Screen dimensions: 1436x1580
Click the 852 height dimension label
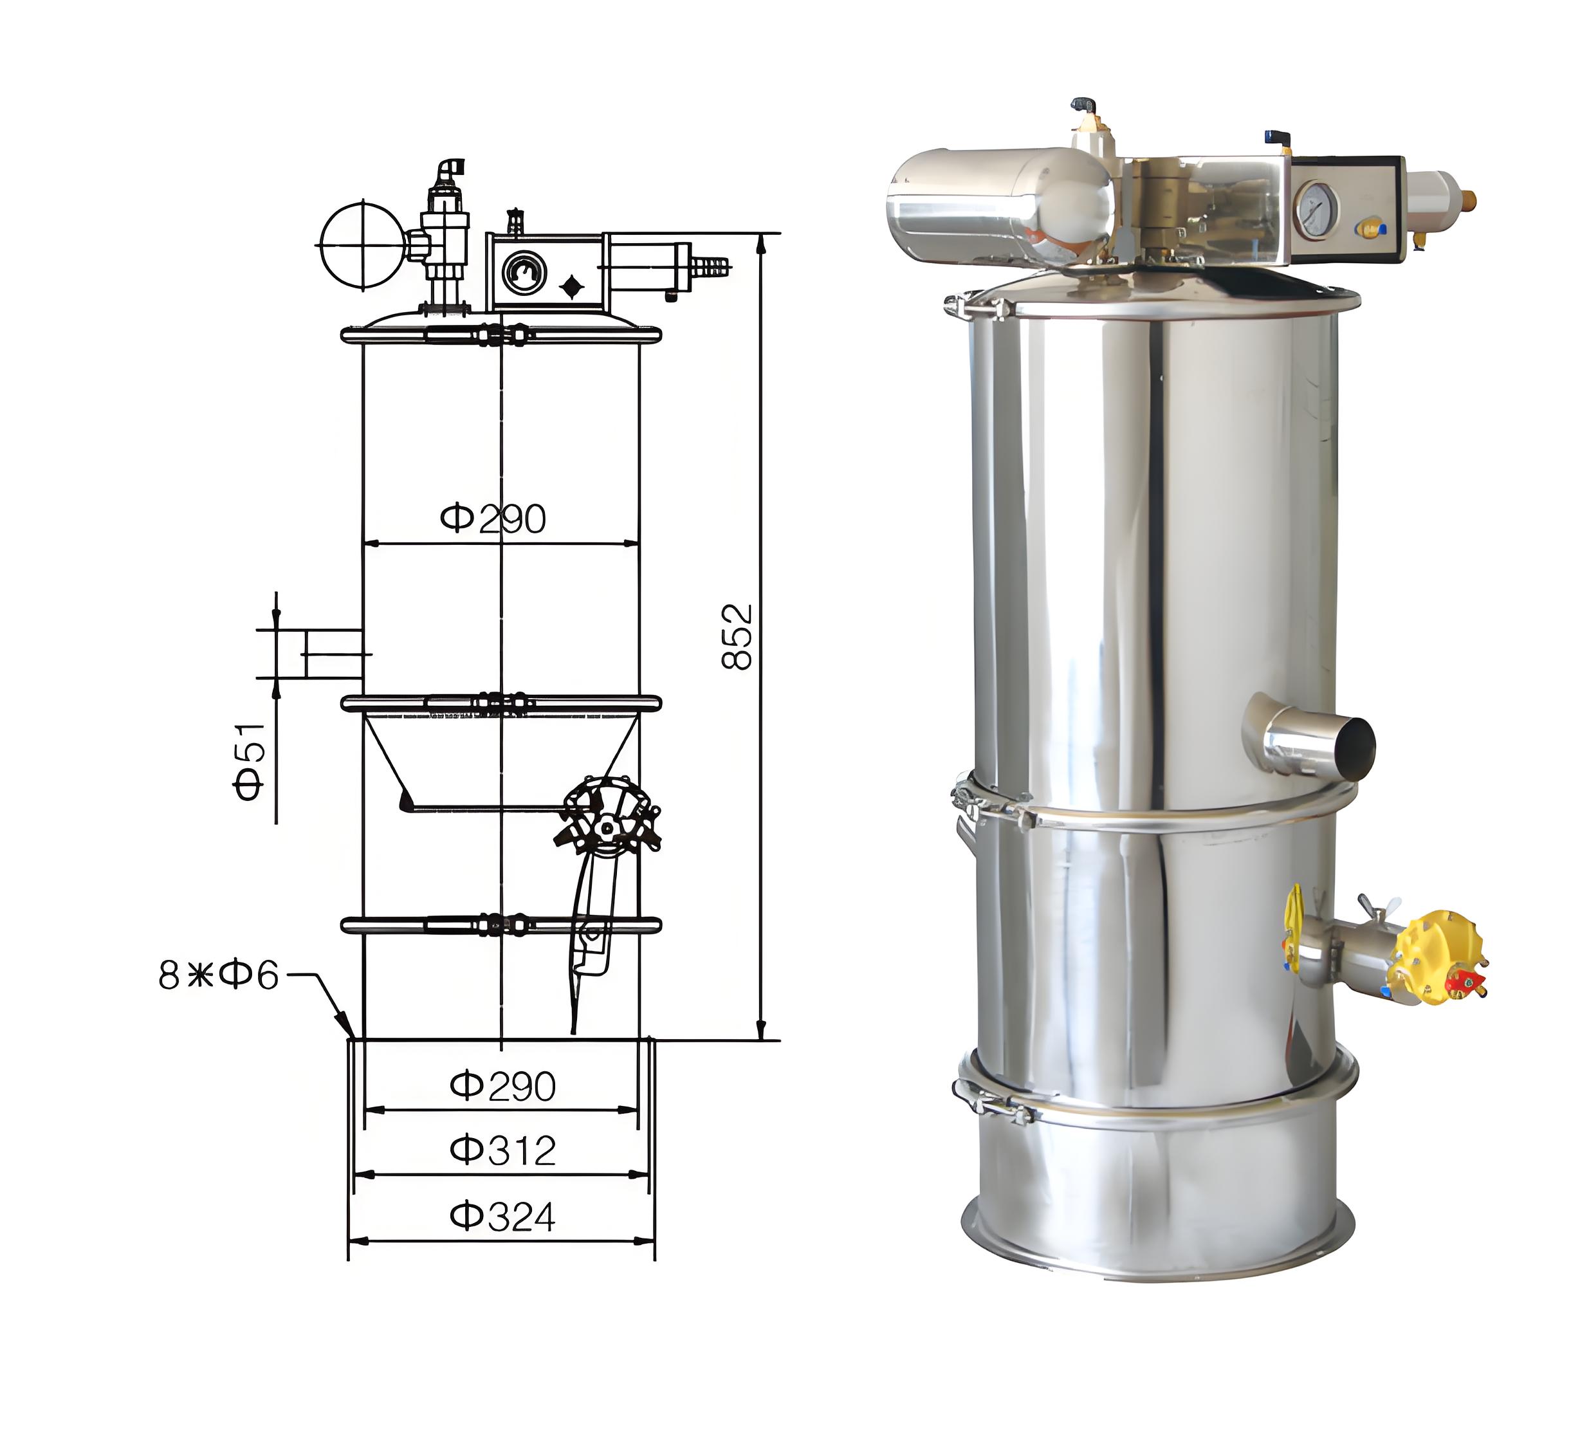pyautogui.click(x=737, y=636)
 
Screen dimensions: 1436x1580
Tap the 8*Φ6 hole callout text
pyautogui.click(x=219, y=975)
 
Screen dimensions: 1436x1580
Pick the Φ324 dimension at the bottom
pyautogui.click(x=502, y=1217)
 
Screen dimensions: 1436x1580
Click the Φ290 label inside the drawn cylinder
pyautogui.click(x=492, y=519)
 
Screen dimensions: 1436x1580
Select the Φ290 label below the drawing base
pyautogui.click(x=502, y=1085)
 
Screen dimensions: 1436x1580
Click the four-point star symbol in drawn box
pyautogui.click(x=573, y=287)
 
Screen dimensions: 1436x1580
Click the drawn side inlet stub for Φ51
pyautogui.click(x=333, y=654)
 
